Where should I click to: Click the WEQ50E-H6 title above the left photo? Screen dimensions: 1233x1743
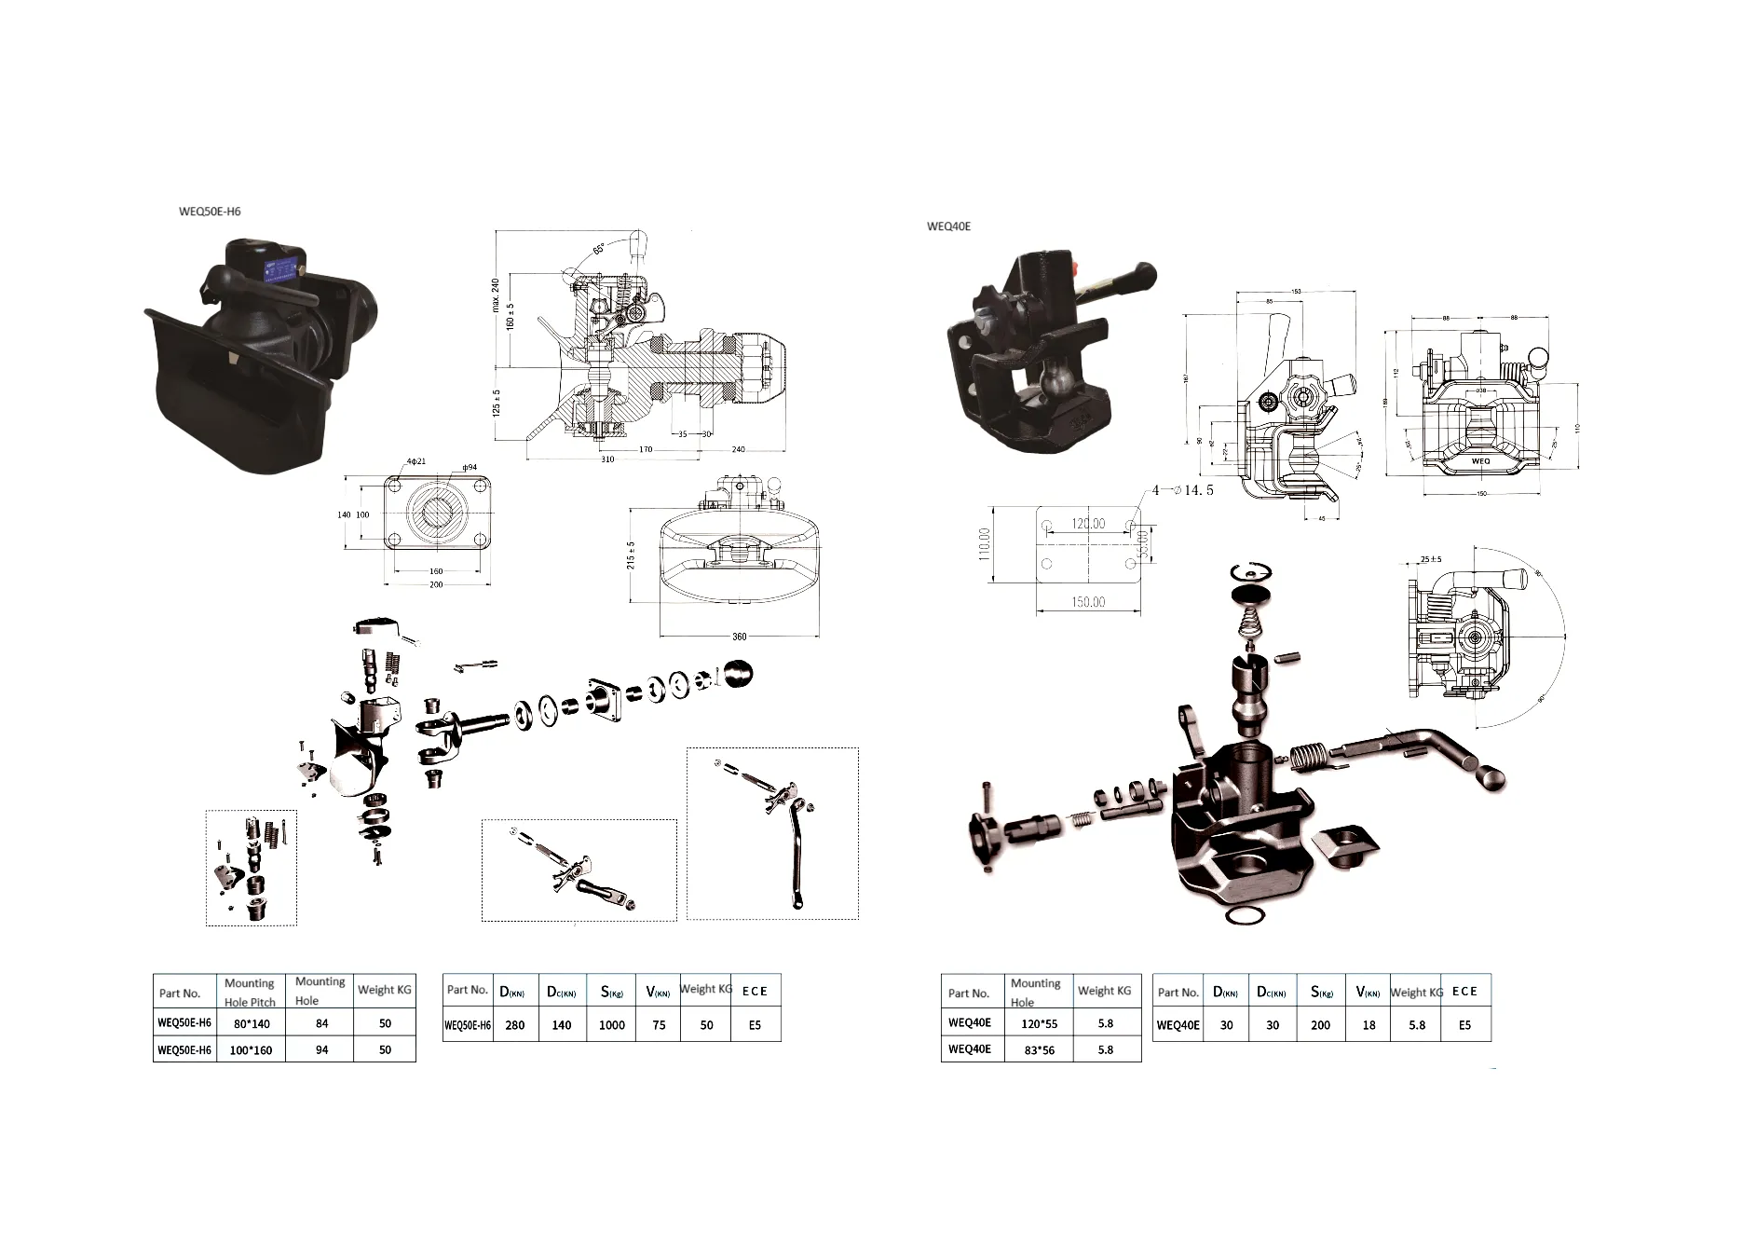[x=210, y=212]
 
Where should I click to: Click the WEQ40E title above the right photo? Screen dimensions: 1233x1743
[x=948, y=226]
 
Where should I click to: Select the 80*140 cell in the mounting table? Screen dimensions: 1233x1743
[x=251, y=1023]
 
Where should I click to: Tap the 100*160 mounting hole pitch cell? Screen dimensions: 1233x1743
[x=251, y=1049]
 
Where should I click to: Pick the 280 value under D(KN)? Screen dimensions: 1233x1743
[x=514, y=1025]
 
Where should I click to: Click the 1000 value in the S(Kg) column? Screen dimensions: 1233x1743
[x=611, y=1025]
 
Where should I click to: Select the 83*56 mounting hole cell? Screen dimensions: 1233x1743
[x=1039, y=1049]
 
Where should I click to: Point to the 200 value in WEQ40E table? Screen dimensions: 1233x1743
[x=1320, y=1025]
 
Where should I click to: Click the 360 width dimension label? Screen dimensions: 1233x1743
[x=739, y=637]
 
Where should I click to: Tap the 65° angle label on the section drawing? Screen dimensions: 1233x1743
[x=598, y=249]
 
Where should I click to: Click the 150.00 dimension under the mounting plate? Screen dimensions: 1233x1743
[x=1087, y=602]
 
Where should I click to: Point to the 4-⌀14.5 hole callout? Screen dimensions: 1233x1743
[x=1182, y=490]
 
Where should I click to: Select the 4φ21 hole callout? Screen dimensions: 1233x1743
[x=416, y=461]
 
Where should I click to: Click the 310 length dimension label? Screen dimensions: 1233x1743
[x=607, y=459]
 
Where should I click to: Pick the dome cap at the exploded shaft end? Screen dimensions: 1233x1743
[x=738, y=673]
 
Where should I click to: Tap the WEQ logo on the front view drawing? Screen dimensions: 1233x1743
[x=1479, y=460]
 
